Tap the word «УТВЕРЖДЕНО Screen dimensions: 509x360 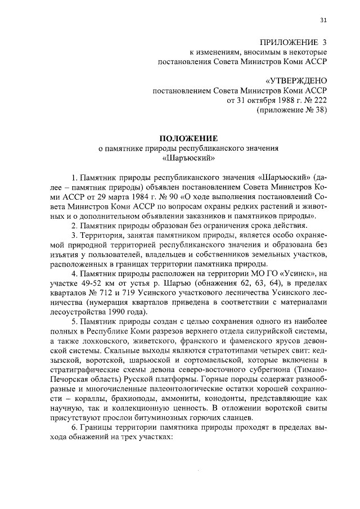pos(296,81)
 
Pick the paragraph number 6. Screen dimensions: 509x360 pos(73,427)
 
